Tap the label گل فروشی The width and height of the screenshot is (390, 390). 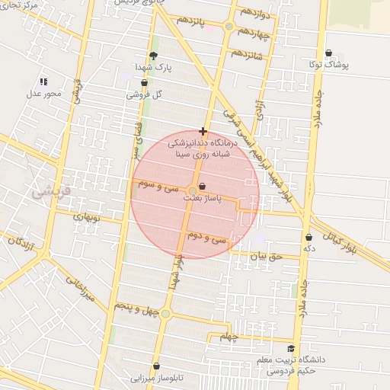point(147,95)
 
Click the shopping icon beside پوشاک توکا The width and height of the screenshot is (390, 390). point(328,53)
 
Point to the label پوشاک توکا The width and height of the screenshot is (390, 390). point(330,66)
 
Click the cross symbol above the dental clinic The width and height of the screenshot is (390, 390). point(203,131)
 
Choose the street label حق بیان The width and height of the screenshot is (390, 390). point(266,257)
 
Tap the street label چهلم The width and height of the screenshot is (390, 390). point(228,337)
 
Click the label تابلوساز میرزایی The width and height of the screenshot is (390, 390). point(155,377)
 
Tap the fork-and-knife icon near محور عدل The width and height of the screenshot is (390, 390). point(43,81)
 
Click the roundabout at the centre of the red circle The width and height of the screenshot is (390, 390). point(191,190)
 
